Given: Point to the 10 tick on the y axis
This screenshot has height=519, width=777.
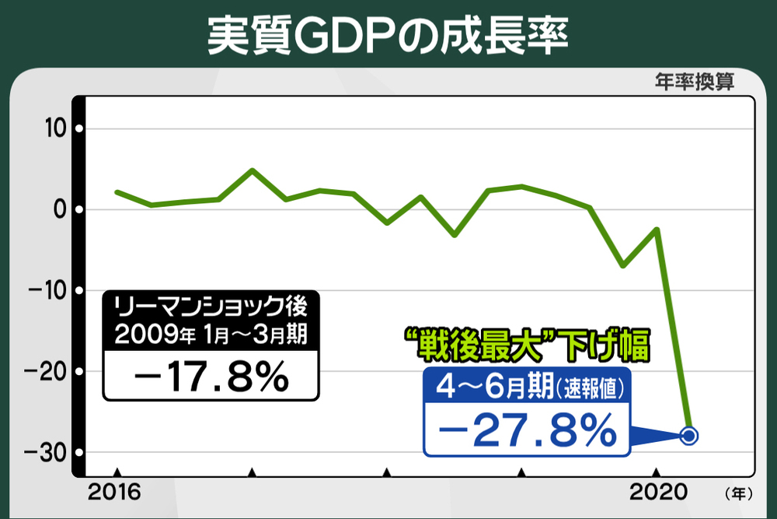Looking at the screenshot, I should tap(53, 128).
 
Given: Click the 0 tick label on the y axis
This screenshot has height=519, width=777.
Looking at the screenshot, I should tap(58, 209).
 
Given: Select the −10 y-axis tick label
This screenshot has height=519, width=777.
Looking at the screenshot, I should tap(47, 290).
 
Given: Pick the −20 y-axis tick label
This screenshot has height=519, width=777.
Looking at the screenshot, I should tap(46, 371).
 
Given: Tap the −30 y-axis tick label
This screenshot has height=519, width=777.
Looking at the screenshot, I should tap(46, 452).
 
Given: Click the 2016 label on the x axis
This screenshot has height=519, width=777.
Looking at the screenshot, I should tap(114, 492).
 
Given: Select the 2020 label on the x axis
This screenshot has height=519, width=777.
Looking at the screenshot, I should tap(657, 492).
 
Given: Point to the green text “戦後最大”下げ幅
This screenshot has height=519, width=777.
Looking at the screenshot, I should tap(525, 345).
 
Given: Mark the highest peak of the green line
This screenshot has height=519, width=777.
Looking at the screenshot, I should tap(252, 170).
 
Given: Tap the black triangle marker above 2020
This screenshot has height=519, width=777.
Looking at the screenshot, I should tap(657, 472).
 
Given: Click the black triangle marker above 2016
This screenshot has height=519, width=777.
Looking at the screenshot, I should tap(117, 472).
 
